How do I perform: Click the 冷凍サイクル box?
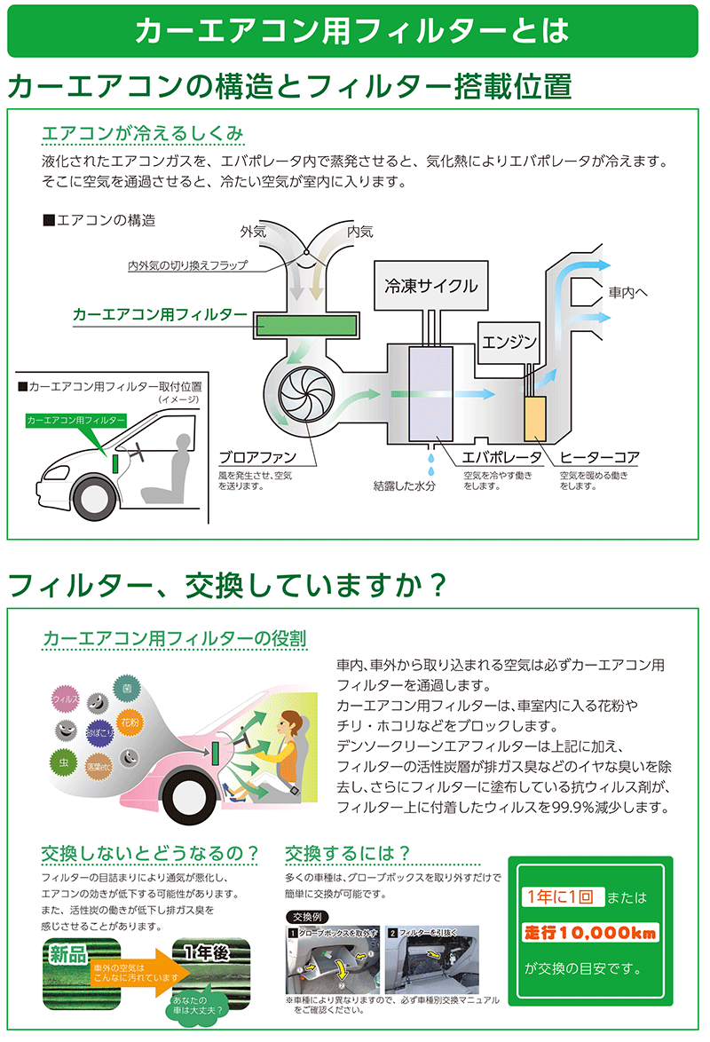coord(431,286)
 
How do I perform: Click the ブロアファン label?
coord(256,458)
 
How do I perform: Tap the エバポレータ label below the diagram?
coord(501,458)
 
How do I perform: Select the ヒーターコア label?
coord(599,458)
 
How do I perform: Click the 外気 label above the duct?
coord(253,232)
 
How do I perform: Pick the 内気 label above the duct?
coord(360,232)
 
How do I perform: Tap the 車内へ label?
coord(629,291)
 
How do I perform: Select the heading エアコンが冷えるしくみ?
coord(143,134)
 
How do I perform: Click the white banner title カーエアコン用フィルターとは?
coord(351,31)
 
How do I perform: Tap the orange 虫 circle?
coord(65,762)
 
